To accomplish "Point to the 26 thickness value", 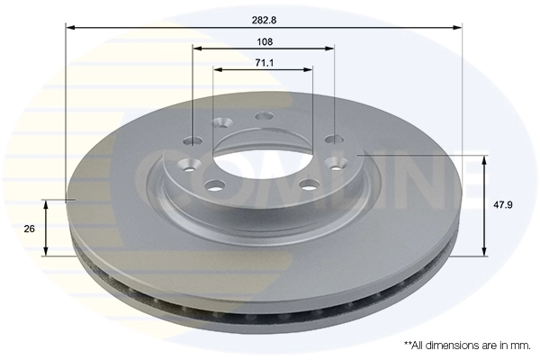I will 29,229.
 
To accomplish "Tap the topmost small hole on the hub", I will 264,116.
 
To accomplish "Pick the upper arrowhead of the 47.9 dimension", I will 486,161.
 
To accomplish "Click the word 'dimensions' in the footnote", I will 440,345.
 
